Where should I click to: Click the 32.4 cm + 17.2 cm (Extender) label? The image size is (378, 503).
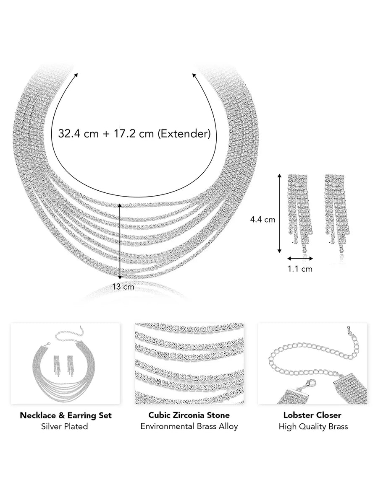click(x=134, y=133)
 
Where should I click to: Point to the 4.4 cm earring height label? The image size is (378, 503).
click(x=262, y=220)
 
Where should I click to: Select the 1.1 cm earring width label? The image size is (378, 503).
click(x=300, y=269)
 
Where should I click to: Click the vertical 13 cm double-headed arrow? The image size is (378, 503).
click(x=120, y=241)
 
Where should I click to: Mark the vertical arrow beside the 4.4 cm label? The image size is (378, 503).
click(x=279, y=213)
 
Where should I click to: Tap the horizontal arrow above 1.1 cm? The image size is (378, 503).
click(x=300, y=259)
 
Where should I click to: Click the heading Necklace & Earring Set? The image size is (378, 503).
click(x=66, y=415)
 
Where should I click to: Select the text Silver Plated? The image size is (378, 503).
click(x=65, y=426)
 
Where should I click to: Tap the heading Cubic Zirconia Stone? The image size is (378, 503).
click(x=189, y=415)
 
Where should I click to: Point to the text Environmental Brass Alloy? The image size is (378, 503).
click(x=189, y=426)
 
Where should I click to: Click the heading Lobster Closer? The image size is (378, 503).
click(x=312, y=415)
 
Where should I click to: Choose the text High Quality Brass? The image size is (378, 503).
click(x=313, y=426)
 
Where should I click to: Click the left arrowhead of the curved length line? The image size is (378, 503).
click(x=76, y=75)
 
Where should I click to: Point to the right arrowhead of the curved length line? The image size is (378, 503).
click(x=194, y=75)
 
